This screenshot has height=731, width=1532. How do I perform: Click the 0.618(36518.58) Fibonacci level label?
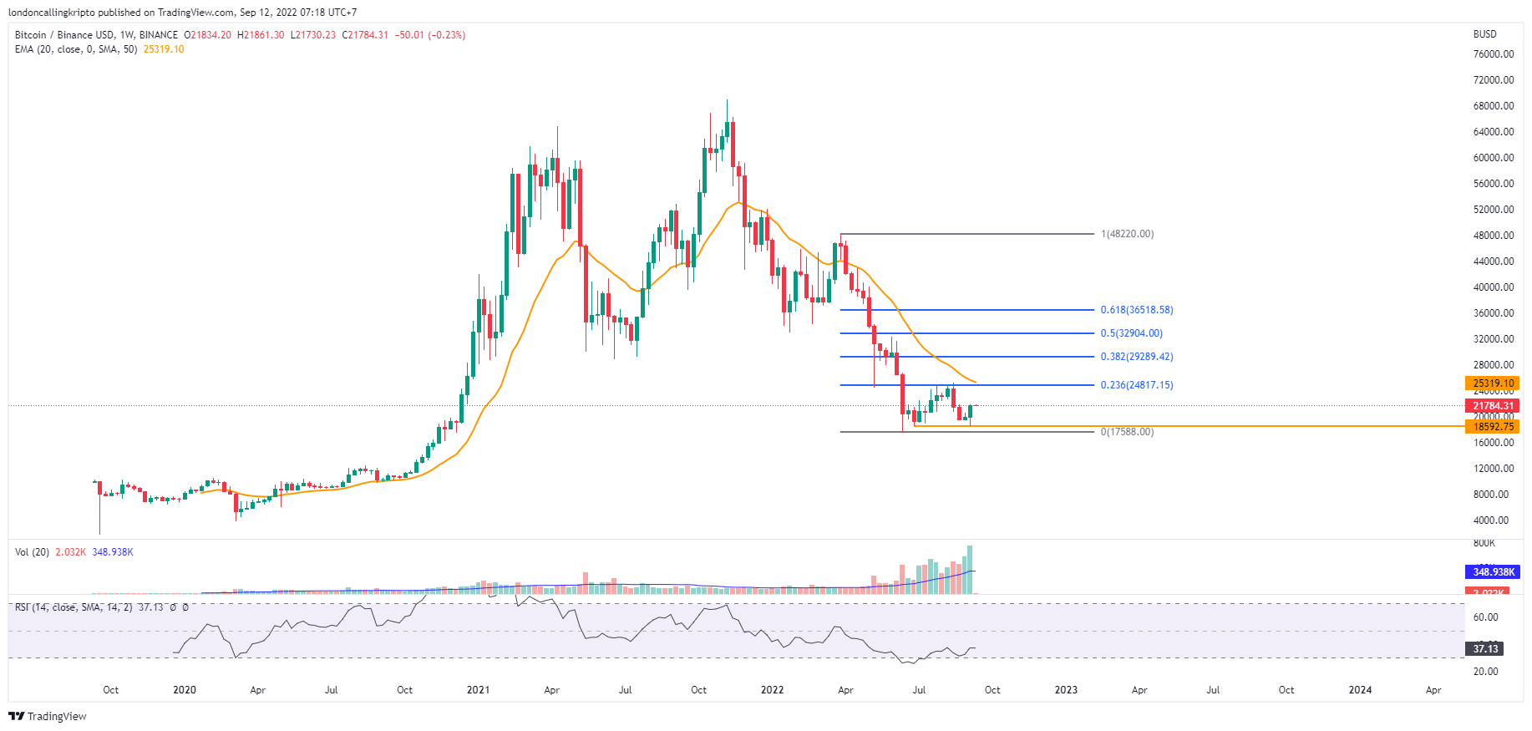point(1136,310)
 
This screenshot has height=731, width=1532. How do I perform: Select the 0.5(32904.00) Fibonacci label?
point(1131,333)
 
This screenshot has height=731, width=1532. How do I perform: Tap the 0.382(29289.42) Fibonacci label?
point(1136,357)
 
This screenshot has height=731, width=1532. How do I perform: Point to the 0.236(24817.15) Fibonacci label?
point(1136,385)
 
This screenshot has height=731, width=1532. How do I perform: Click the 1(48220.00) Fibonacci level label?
point(1127,234)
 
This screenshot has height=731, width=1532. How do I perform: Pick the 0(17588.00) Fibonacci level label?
point(1127,432)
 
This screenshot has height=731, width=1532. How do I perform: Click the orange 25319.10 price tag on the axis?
point(1493,383)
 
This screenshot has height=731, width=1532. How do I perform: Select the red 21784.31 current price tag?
point(1493,406)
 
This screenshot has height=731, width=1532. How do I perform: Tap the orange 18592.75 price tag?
point(1493,427)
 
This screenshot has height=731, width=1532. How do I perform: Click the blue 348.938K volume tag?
point(1493,572)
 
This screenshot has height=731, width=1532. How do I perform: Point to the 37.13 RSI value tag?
point(1485,648)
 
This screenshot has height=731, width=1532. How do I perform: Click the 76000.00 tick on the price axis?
point(1494,54)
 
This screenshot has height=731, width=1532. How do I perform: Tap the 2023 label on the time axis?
point(1066,690)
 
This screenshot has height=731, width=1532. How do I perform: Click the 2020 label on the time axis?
point(184,690)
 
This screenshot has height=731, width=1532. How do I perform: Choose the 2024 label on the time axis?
point(1360,690)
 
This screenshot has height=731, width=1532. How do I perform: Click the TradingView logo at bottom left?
point(48,717)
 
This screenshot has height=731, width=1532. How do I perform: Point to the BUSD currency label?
point(1484,34)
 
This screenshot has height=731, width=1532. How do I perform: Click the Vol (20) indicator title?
point(32,552)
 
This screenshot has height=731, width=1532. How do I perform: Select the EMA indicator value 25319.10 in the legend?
point(164,49)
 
